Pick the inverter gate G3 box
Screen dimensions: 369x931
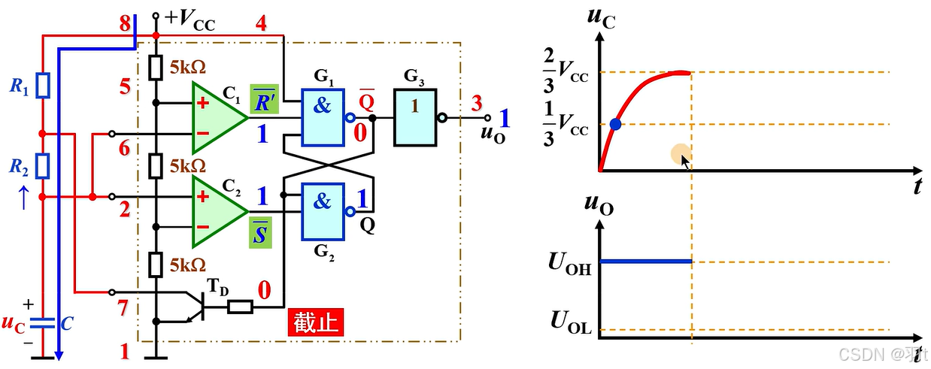[x=414, y=118]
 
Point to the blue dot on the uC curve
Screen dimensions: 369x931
[x=616, y=125]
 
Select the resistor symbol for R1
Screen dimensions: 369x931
[x=43, y=86]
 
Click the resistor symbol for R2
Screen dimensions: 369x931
[x=43, y=164]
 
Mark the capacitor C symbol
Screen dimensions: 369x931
[x=43, y=323]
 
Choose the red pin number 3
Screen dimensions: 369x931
[x=476, y=103]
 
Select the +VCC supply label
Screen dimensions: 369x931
[x=188, y=19]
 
